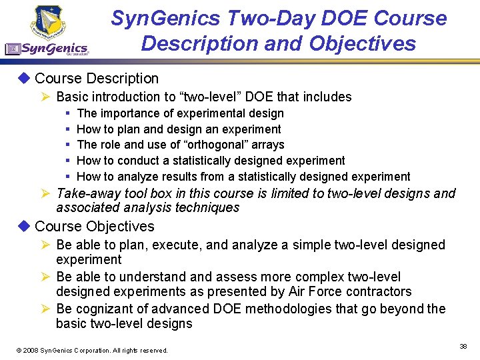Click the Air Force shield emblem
[47, 21]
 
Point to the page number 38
[463, 346]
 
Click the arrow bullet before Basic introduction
[47, 97]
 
